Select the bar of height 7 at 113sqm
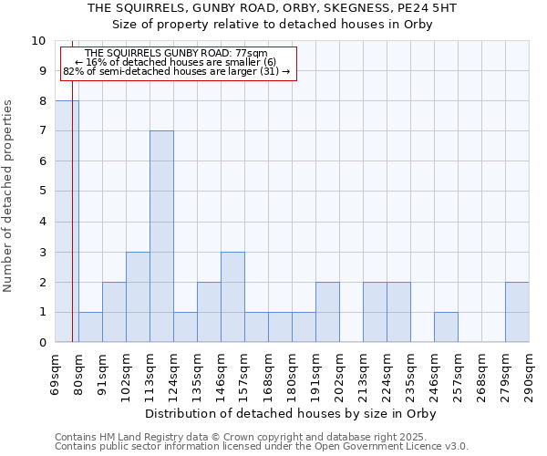[x=161, y=236]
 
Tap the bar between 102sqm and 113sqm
[x=138, y=296]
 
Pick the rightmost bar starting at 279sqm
[x=517, y=312]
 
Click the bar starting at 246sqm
[x=446, y=326]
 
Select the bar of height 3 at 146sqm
[x=232, y=296]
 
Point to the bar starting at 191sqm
[x=327, y=312]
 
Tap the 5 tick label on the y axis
[x=41, y=192]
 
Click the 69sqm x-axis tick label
[x=56, y=374]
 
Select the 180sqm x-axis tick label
[x=293, y=374]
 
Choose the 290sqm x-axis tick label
[x=530, y=374]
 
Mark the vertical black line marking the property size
[x=72, y=228]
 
